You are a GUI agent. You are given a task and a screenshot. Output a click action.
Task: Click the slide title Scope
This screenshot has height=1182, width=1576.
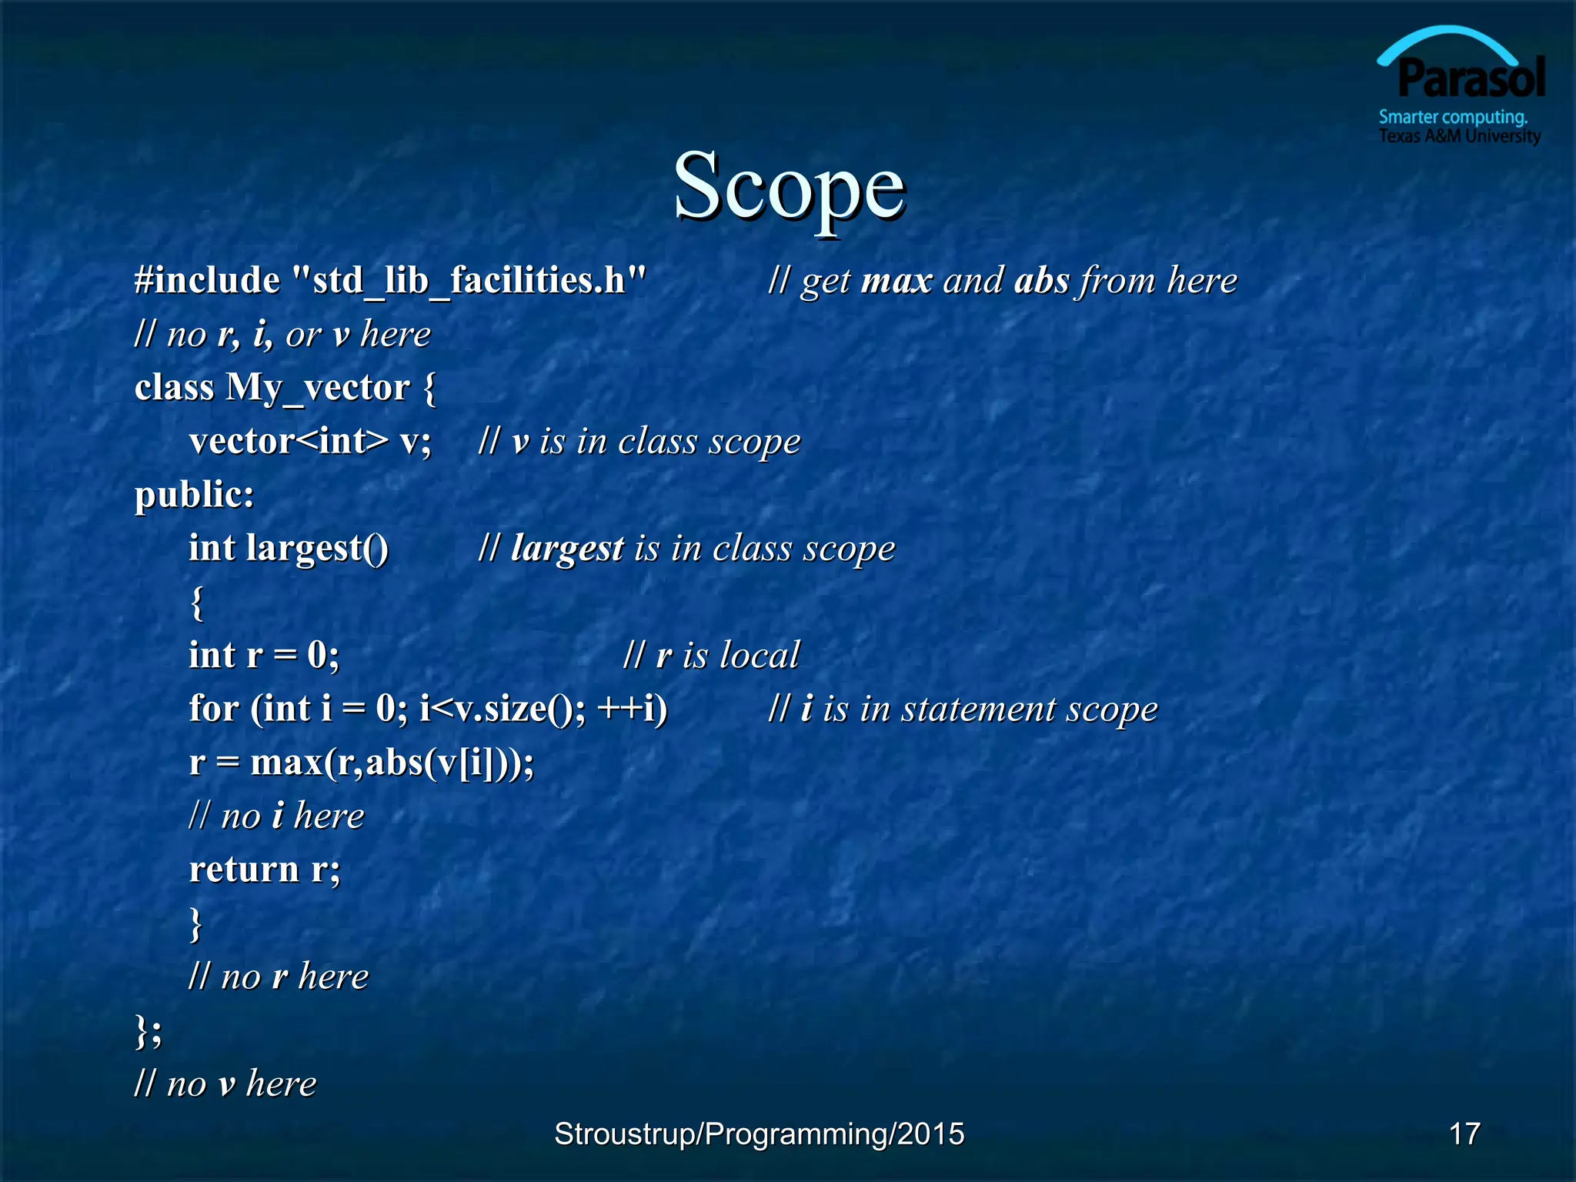(789, 187)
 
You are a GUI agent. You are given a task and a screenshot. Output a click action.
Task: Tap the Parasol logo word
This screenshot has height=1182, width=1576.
(1471, 79)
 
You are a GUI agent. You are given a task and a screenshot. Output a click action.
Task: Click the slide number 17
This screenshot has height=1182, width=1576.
(1464, 1134)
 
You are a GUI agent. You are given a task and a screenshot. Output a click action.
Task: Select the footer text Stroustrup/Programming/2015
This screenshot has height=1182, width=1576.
(759, 1134)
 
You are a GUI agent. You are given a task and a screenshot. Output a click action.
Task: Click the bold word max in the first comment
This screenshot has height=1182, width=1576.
(897, 281)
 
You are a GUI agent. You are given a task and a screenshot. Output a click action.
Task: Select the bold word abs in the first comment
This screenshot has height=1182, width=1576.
(1042, 281)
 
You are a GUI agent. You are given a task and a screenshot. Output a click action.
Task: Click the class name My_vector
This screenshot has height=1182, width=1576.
(318, 388)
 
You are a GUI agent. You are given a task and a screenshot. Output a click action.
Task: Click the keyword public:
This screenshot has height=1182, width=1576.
(194, 495)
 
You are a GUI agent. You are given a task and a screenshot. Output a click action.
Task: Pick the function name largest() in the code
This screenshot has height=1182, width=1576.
(317, 549)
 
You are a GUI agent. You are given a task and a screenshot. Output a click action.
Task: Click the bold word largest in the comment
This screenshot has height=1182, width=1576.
(567, 549)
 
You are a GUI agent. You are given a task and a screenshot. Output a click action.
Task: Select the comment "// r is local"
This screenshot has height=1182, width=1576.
(711, 656)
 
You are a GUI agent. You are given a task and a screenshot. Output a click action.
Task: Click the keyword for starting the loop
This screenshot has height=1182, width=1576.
(214, 709)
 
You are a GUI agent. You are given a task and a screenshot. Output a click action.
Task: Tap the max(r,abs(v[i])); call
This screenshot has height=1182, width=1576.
(392, 763)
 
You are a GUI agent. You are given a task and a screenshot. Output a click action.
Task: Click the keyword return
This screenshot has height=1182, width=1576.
(244, 870)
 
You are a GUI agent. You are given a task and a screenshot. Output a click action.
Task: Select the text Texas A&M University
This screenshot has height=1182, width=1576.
(1459, 136)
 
